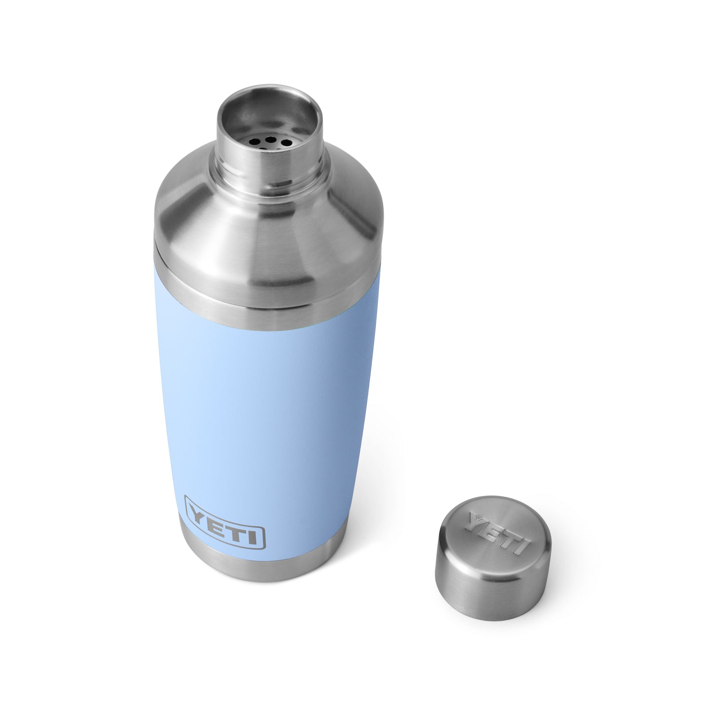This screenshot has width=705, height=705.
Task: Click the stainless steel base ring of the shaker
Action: click(263, 569)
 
